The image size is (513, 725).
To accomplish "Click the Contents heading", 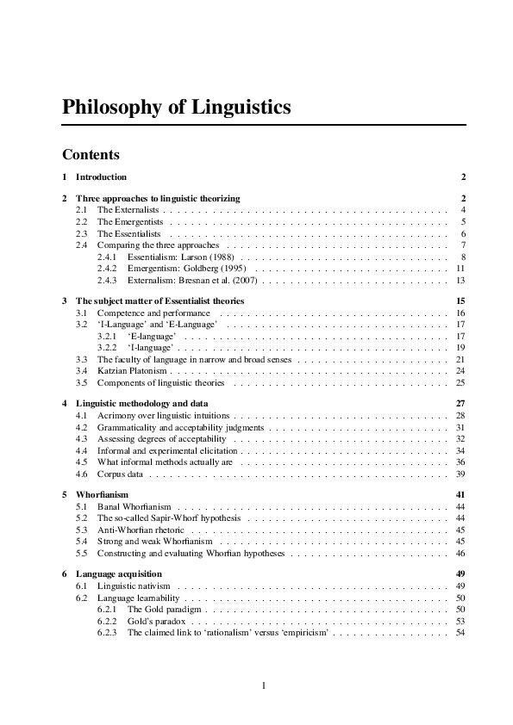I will click(91, 155).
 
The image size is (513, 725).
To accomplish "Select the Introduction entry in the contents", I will click(101, 177).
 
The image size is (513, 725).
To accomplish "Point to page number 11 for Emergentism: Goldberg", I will click(461, 269).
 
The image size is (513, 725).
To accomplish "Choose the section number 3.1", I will click(82, 313).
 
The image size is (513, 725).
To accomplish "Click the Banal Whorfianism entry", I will click(134, 507).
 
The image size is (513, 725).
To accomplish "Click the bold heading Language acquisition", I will click(119, 573).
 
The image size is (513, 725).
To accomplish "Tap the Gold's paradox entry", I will click(154, 621).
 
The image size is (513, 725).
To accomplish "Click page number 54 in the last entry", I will click(461, 632).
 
